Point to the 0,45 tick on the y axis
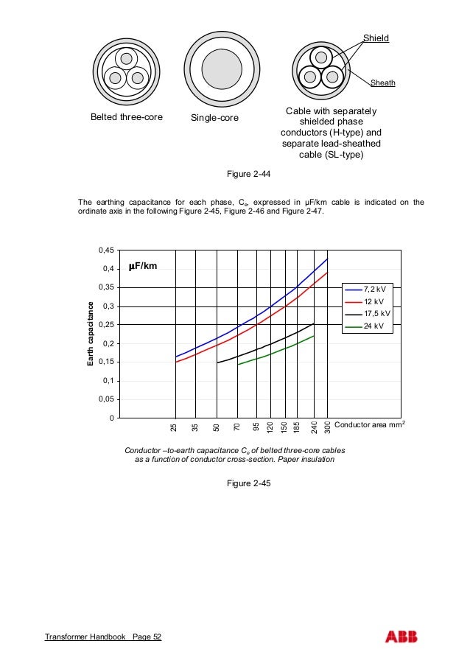pyautogui.click(x=106, y=250)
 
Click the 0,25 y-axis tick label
pyautogui.click(x=106, y=325)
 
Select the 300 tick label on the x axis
pyautogui.click(x=327, y=427)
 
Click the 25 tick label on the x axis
pyautogui.click(x=175, y=427)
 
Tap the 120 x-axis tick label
pyautogui.click(x=270, y=427)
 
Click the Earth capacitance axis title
pyautogui.click(x=91, y=334)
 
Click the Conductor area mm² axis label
pyautogui.click(x=370, y=425)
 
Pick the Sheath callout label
pyautogui.click(x=382, y=83)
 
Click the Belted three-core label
pyautogui.click(x=126, y=117)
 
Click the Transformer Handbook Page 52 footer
pyautogui.click(x=103, y=637)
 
